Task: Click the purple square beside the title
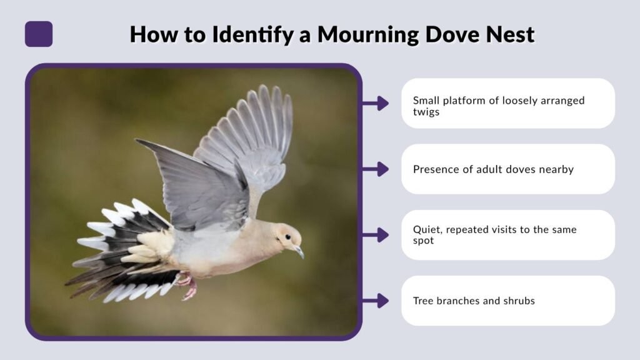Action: pos(39,34)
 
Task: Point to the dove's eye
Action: pos(287,237)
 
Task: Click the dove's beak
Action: pos(299,252)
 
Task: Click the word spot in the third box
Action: pos(424,241)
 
